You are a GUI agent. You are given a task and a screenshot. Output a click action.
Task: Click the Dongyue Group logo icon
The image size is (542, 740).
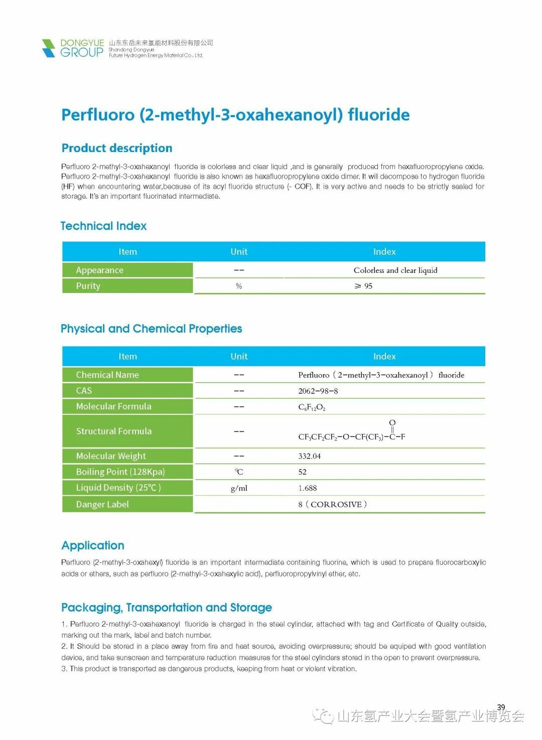coord(49,48)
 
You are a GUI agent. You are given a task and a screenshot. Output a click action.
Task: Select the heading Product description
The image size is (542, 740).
coord(116,148)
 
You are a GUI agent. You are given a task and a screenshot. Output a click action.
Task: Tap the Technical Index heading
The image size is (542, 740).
coord(103,226)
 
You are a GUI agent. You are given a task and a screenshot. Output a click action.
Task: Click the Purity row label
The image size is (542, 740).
coord(88,286)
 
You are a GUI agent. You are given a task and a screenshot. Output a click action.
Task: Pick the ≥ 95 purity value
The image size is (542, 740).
coord(363,286)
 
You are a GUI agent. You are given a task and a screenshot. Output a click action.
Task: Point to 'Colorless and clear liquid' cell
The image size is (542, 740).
coord(395,270)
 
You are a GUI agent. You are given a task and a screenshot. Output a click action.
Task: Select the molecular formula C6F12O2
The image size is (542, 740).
coord(312,407)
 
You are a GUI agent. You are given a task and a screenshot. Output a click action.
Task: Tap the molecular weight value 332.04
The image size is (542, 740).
coord(309,456)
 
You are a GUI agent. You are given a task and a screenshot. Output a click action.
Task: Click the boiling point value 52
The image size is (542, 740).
coord(302,472)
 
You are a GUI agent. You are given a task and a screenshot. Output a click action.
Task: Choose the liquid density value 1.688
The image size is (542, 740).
coord(307,488)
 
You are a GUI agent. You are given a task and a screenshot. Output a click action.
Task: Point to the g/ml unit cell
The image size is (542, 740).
coord(239,488)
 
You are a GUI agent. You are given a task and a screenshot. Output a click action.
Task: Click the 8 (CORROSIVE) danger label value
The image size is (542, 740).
coord(332,504)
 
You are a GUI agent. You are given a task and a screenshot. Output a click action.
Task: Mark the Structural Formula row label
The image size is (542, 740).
coord(113,431)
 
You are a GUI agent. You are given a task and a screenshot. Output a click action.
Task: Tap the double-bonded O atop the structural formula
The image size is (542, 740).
coord(392,422)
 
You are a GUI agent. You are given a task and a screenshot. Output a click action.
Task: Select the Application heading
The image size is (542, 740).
coord(93,545)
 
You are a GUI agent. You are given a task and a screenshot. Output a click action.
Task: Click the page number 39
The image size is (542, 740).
coord(501,707)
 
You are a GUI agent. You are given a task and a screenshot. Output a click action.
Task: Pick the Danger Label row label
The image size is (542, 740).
coord(102,504)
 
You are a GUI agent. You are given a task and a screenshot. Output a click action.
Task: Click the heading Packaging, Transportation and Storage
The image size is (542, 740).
coord(167,608)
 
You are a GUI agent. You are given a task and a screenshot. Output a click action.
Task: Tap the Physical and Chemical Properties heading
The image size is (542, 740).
coord(151,329)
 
